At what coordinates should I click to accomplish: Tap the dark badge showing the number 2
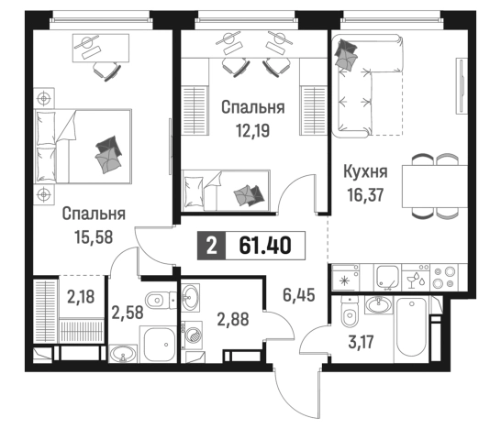(212, 245)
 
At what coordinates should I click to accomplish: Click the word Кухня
(364, 170)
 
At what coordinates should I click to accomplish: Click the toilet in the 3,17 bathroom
(348, 316)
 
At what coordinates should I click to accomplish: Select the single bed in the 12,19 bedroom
(225, 191)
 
